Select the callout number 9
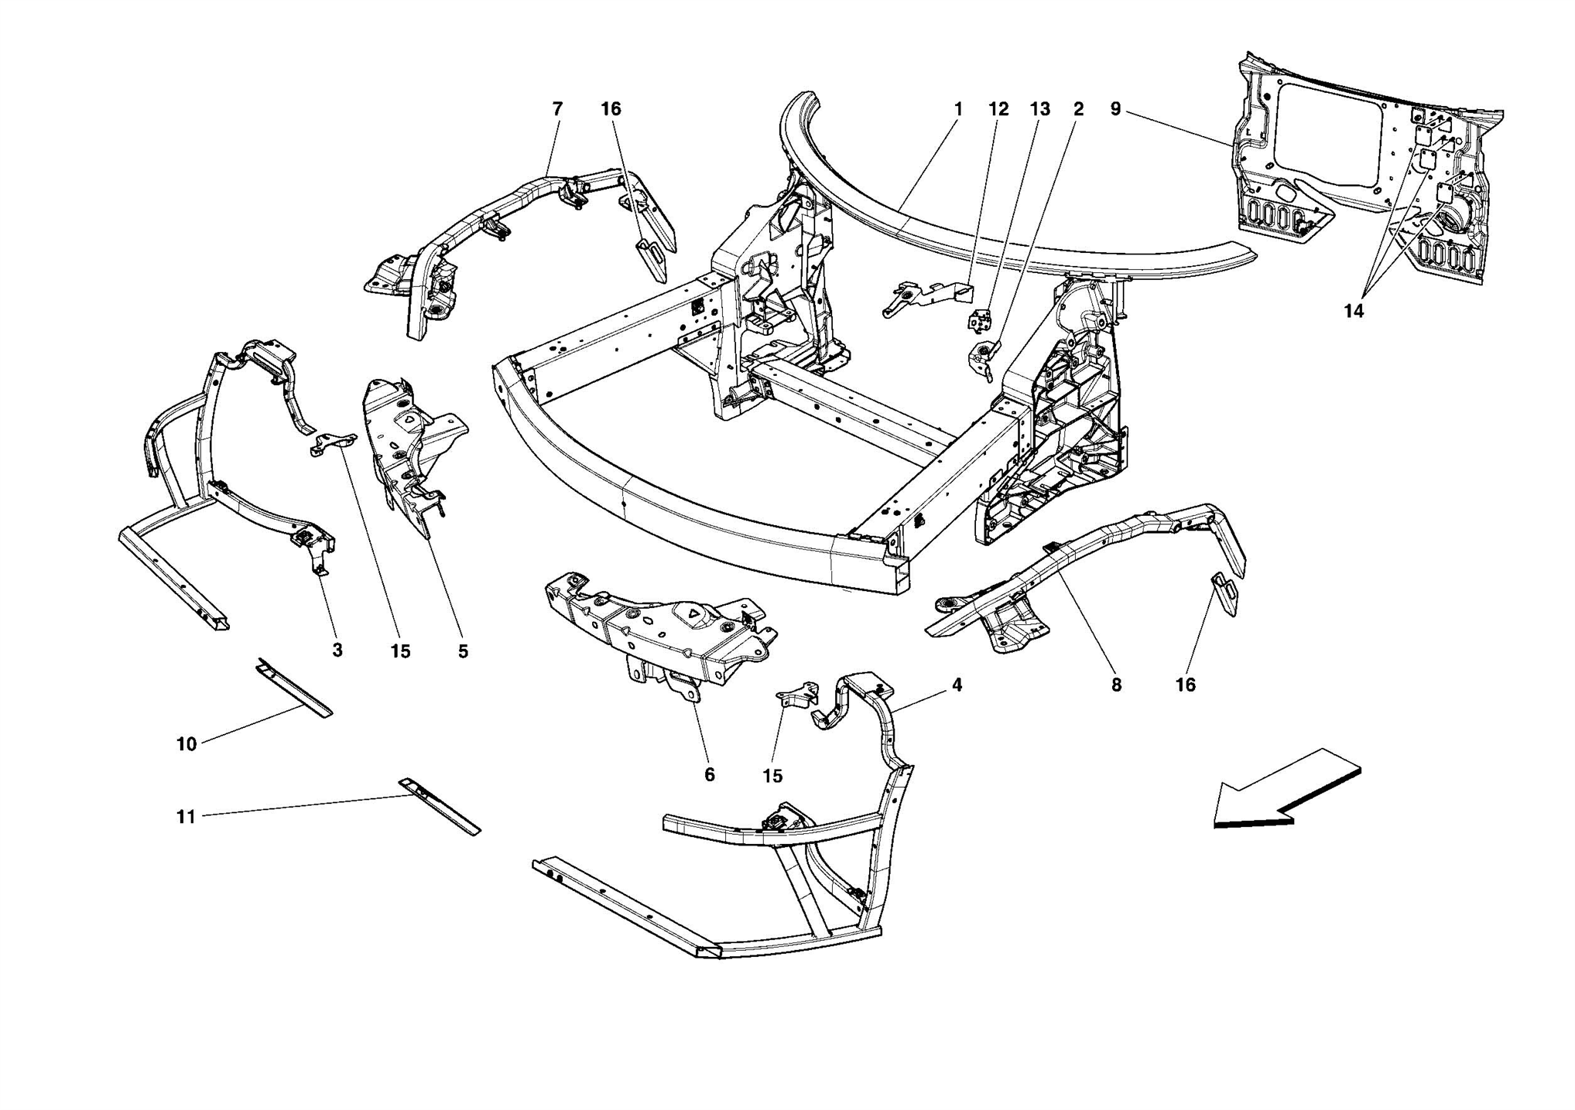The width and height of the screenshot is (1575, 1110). tap(1115, 109)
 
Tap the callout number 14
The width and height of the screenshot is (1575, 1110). tap(1354, 311)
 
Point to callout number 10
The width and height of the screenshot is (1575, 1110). tap(187, 744)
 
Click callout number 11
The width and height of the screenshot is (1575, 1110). tap(187, 817)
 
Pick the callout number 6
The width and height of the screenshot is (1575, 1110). tap(709, 775)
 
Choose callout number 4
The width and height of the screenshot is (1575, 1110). tap(957, 685)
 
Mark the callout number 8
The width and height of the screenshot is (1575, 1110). tap(1117, 685)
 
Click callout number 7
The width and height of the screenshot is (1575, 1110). tap(558, 109)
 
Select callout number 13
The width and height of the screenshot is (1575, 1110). tap(1040, 109)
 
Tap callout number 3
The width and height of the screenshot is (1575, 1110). tap(337, 651)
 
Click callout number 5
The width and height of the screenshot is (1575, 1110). tap(463, 652)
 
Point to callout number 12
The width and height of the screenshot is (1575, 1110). tap(998, 109)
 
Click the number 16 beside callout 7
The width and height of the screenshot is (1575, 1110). tap(611, 109)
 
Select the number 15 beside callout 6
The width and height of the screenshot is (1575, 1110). tap(772, 776)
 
